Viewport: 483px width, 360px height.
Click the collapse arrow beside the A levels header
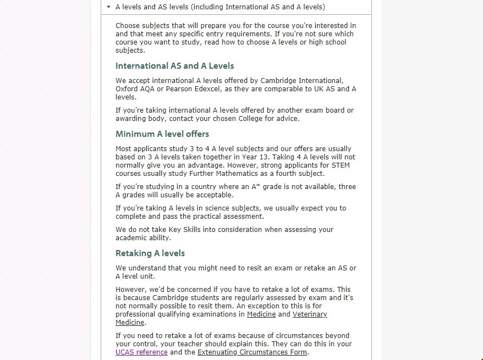pyautogui.click(x=109, y=7)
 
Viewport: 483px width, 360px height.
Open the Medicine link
pyautogui.click(x=261, y=314)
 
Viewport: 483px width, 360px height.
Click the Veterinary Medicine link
pyautogui.click(x=309, y=314)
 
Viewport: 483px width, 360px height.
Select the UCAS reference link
pyautogui.click(x=141, y=352)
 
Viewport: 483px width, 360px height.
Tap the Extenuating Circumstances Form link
pyautogui.click(x=253, y=352)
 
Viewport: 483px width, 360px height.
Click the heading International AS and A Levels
pyautogui.click(x=174, y=66)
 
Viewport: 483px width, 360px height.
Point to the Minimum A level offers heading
pyautogui.click(x=162, y=134)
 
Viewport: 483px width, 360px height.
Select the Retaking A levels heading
pyautogui.click(x=150, y=253)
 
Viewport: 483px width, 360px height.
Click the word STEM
pyautogui.click(x=340, y=165)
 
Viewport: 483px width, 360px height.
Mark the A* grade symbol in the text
pyautogui.click(x=256, y=187)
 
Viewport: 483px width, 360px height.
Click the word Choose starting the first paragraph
pyautogui.click(x=127, y=26)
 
